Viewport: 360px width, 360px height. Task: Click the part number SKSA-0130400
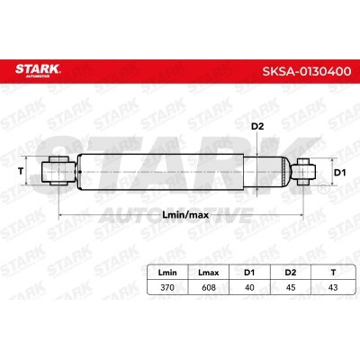pyautogui.click(x=307, y=71)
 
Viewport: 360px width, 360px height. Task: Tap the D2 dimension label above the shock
pyautogui.click(x=257, y=127)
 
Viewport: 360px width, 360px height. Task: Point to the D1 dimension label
pyautogui.click(x=340, y=173)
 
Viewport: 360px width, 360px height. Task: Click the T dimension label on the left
pyautogui.click(x=21, y=171)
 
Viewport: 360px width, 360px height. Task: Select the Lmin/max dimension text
pyautogui.click(x=185, y=215)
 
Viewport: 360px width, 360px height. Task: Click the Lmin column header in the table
pyautogui.click(x=167, y=273)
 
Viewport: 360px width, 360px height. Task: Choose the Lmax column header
pyautogui.click(x=209, y=273)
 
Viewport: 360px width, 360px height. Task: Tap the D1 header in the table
pyautogui.click(x=249, y=273)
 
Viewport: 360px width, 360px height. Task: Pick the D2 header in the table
pyautogui.click(x=291, y=273)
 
